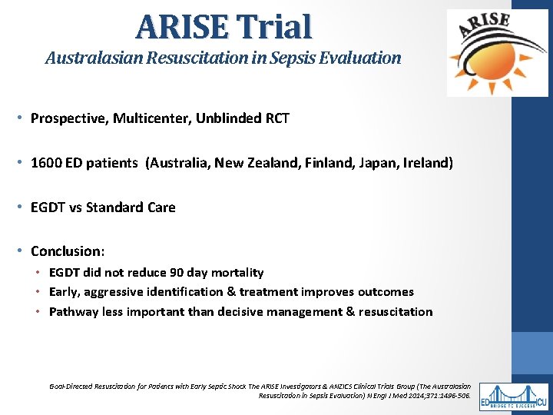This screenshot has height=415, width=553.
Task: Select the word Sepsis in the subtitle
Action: point(308,58)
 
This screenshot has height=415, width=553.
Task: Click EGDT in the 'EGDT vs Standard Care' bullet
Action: point(48,207)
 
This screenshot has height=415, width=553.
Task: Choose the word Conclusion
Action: point(65,251)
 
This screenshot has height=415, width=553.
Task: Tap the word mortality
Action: point(237,273)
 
